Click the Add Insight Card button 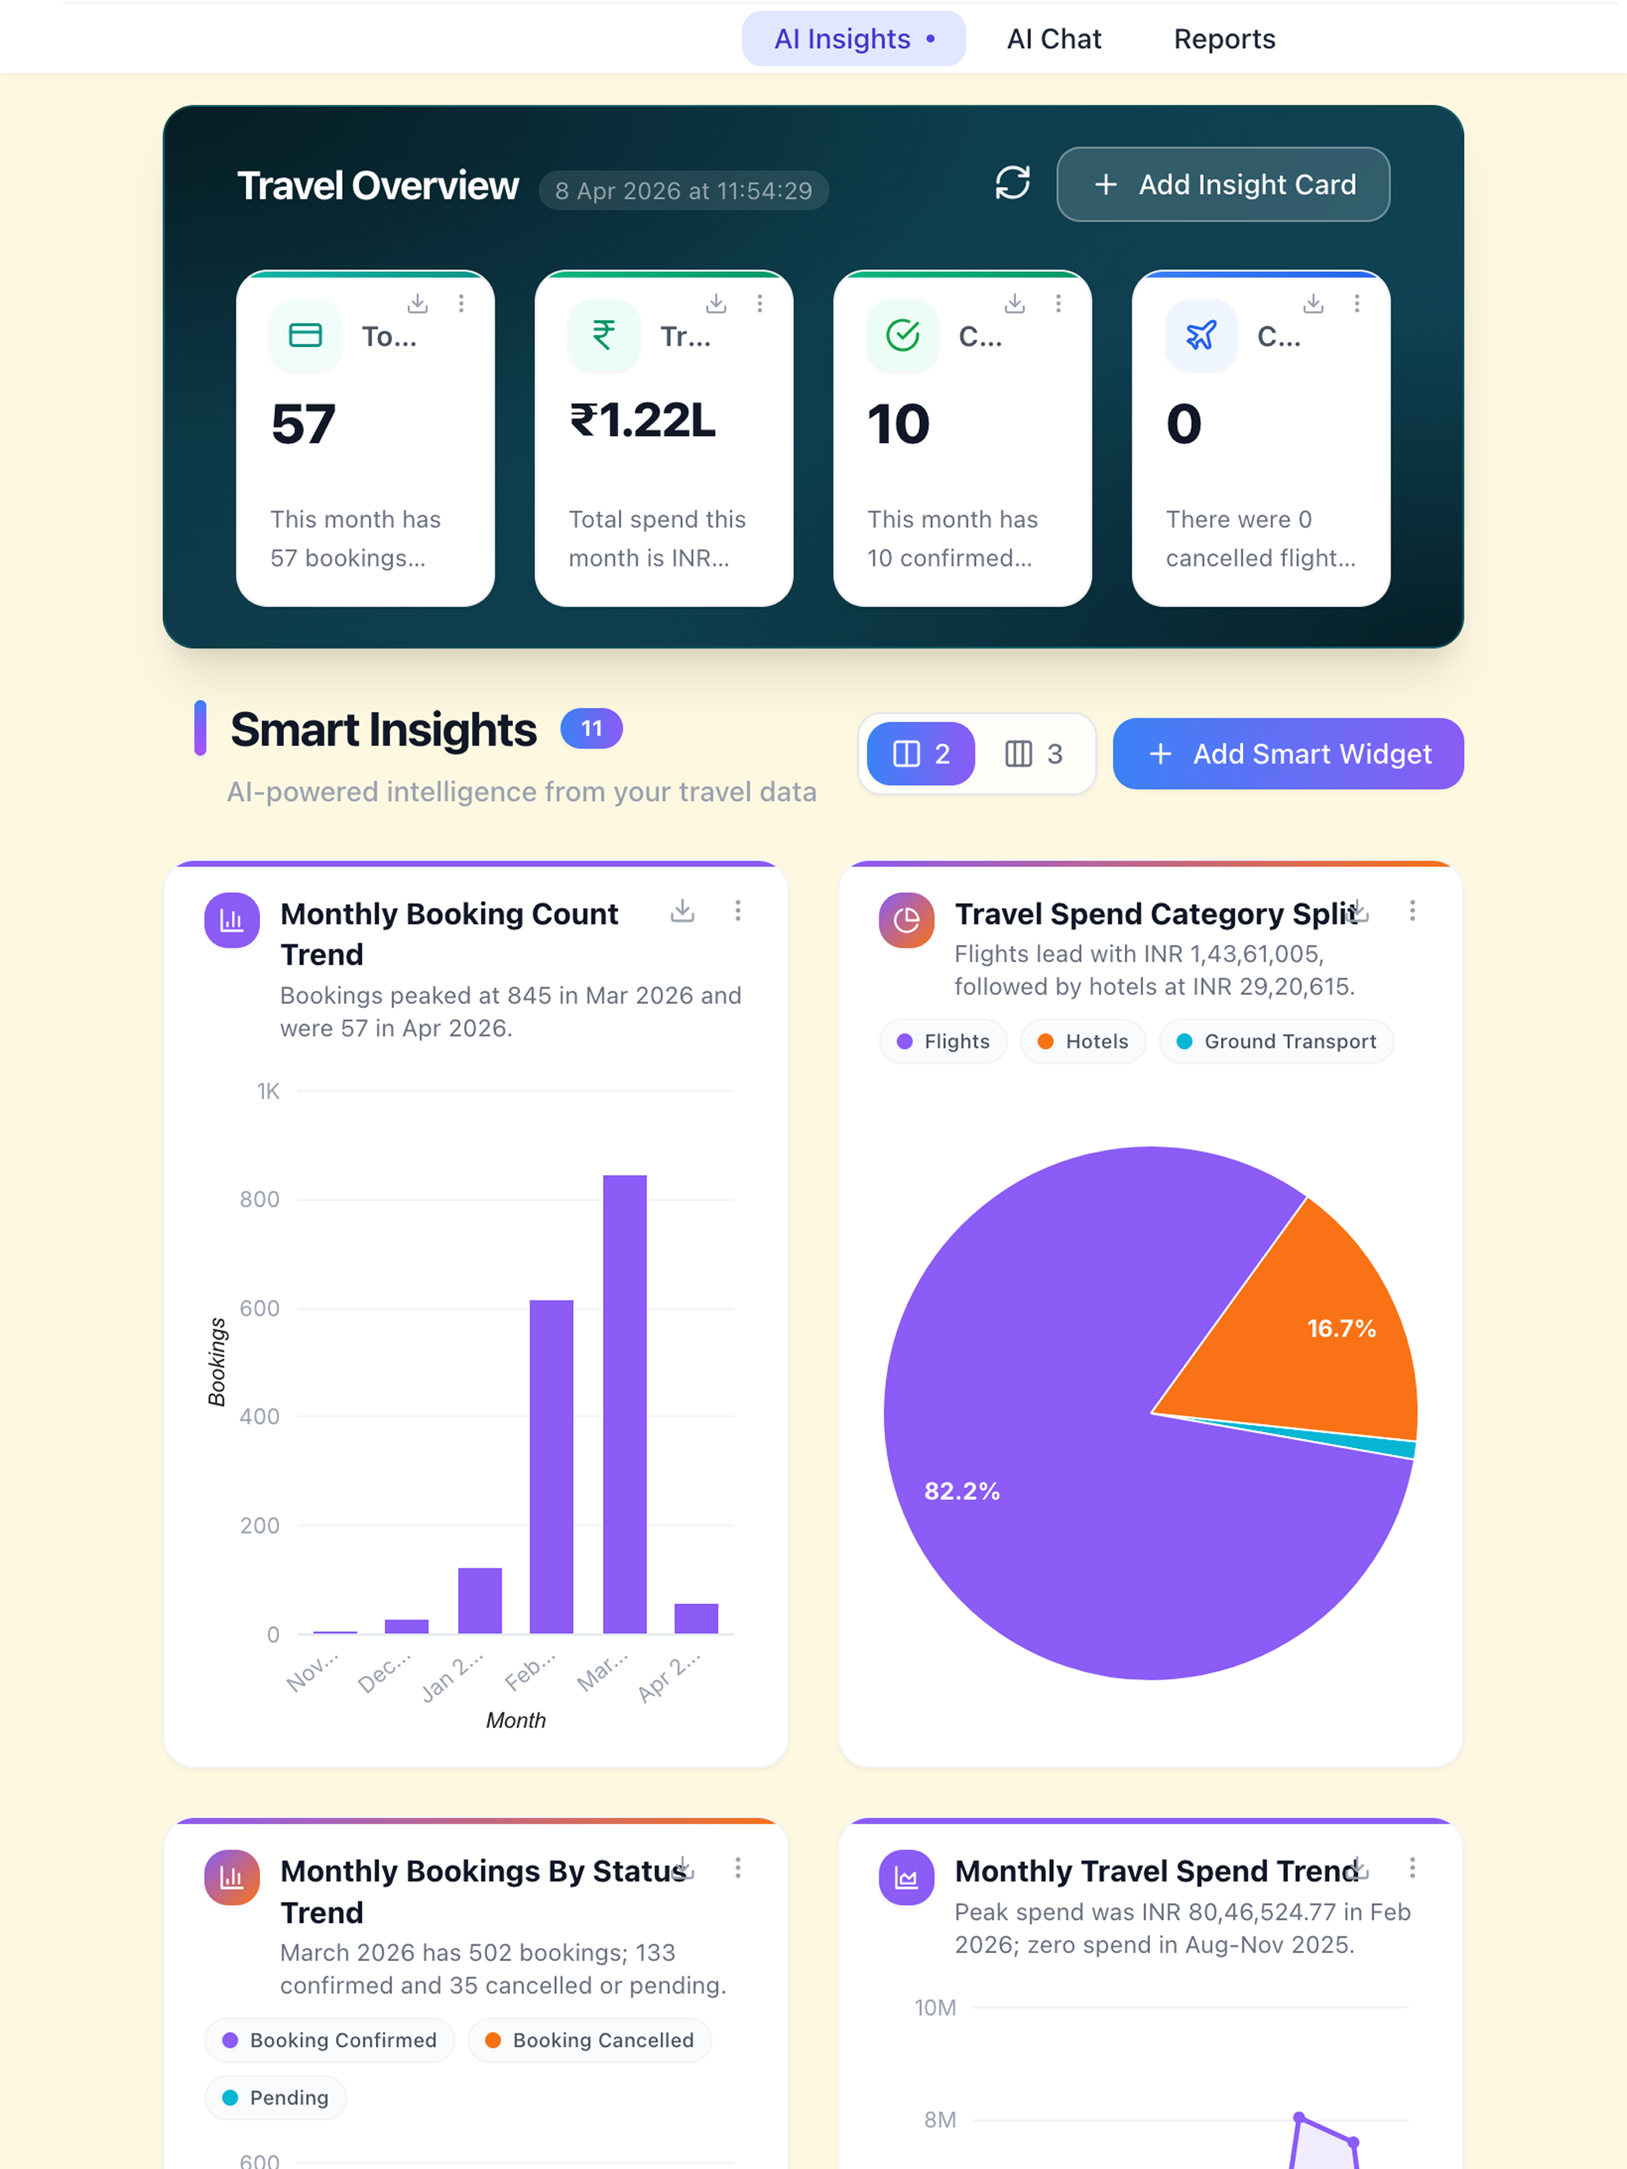pos(1223,184)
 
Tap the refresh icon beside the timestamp pos(1012,182)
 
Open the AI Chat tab pos(1054,39)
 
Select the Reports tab pos(1224,39)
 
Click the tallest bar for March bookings pos(625,1404)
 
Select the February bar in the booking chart pos(551,1467)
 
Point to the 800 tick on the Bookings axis pos(260,1200)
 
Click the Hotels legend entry pos(1083,1041)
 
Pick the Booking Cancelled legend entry pos(590,2040)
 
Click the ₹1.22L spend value pos(643,421)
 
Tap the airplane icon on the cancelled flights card pos(1201,335)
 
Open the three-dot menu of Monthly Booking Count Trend pos(738,911)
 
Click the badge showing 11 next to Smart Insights pos(591,728)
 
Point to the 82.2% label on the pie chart pos(962,1490)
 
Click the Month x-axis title pos(516,1720)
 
